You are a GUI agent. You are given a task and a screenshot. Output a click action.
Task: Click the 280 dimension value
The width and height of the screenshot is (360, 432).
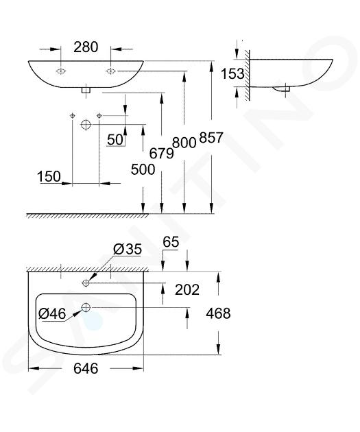[x=86, y=47]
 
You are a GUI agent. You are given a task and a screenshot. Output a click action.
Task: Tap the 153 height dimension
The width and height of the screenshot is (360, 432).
[x=232, y=73]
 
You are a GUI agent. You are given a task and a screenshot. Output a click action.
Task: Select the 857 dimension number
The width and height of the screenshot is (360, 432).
[x=211, y=137]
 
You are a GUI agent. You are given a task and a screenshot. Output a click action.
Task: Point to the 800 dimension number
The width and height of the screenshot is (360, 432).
[x=184, y=143]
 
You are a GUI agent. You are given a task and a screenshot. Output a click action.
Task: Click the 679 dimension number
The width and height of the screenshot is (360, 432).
[x=161, y=153]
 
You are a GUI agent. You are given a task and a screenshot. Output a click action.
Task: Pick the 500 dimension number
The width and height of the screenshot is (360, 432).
[x=143, y=169]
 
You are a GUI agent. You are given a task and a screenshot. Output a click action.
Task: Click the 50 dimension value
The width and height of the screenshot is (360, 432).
[x=115, y=139]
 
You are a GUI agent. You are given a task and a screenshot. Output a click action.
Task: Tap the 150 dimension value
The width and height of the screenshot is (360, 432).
[x=49, y=176]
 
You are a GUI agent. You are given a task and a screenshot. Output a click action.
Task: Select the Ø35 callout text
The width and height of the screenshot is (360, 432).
[x=128, y=249]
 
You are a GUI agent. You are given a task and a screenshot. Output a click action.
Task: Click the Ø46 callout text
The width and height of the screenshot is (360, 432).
[x=52, y=313]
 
